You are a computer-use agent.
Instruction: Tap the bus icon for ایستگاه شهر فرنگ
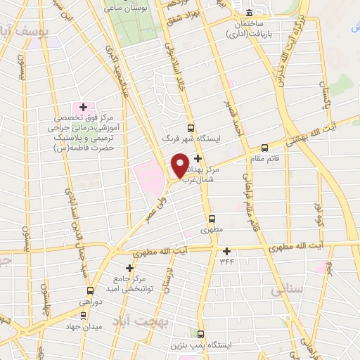pyautogui.click(x=190, y=127)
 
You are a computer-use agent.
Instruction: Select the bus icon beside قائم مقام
pyautogui.click(x=264, y=148)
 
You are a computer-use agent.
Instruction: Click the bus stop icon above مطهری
pyautogui.click(x=211, y=219)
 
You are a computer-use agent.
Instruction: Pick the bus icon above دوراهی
pyautogui.click(x=89, y=291)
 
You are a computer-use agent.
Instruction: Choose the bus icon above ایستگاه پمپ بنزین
pyautogui.click(x=201, y=333)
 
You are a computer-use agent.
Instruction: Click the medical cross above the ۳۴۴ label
pyautogui.click(x=226, y=251)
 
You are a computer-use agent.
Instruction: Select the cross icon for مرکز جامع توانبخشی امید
pyautogui.click(x=129, y=268)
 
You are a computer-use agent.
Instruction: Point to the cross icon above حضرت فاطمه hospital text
pyautogui.click(x=83, y=106)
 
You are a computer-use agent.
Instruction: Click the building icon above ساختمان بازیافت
pyautogui.click(x=250, y=12)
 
